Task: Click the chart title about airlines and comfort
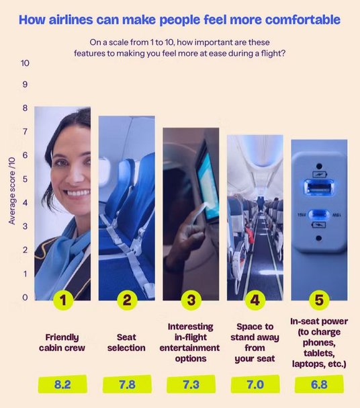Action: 179,19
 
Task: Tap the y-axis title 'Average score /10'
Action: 12,190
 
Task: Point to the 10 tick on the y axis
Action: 25,63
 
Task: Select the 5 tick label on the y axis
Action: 25,179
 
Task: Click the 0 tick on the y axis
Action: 25,297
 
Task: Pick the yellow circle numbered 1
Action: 63,300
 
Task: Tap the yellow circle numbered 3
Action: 191,300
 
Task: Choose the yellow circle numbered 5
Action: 319,300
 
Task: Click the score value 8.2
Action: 62,384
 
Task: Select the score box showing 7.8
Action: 127,384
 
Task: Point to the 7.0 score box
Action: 255,384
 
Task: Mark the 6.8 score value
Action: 319,384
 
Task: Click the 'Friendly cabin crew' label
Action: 62,342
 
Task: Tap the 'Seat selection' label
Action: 126,342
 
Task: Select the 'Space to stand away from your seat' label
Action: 255,342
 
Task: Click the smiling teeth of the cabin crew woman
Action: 79,193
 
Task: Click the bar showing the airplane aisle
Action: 255,218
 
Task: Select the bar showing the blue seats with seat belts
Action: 126,208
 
